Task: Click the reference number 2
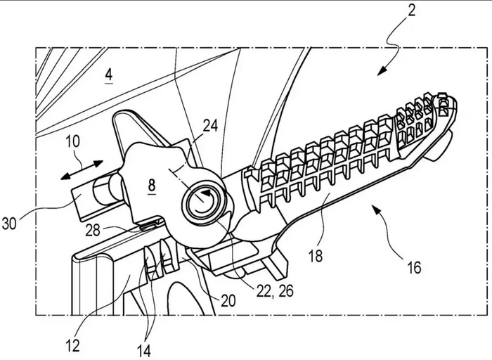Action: click(x=411, y=10)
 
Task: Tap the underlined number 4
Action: click(x=109, y=75)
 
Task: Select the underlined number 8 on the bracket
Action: click(x=152, y=185)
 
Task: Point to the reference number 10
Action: click(x=73, y=141)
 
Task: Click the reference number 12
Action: click(x=73, y=345)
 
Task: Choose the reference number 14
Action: click(x=144, y=351)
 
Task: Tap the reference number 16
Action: click(x=414, y=268)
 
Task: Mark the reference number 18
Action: click(x=316, y=256)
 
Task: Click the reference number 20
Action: click(x=228, y=301)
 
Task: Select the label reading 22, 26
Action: click(x=275, y=292)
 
